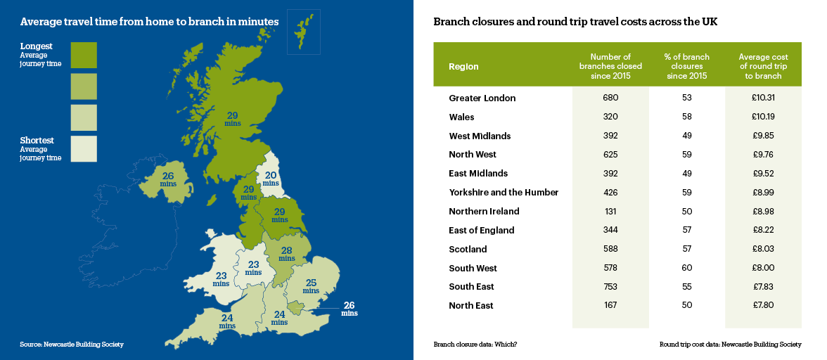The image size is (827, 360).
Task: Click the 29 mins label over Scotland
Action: tap(233, 118)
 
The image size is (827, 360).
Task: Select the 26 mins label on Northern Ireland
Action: tap(168, 179)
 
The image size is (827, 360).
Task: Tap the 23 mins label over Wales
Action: tap(221, 279)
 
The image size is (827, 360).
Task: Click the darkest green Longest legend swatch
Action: tap(84, 55)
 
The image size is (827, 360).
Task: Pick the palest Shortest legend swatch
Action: tap(84, 148)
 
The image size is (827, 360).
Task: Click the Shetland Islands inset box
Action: tap(304, 32)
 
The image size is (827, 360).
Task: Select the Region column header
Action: tap(463, 67)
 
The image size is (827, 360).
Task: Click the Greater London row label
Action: tap(482, 98)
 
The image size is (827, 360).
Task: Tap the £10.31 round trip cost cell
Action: tap(763, 98)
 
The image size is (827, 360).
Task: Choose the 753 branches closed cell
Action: tap(610, 286)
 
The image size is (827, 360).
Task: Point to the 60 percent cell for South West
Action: tap(687, 268)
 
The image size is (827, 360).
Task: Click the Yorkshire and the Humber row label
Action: tap(503, 192)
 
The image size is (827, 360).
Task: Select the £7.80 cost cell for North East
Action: tap(763, 305)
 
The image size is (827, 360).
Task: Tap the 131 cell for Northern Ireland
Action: tap(610, 211)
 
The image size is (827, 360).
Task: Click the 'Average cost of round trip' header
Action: tap(763, 66)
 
